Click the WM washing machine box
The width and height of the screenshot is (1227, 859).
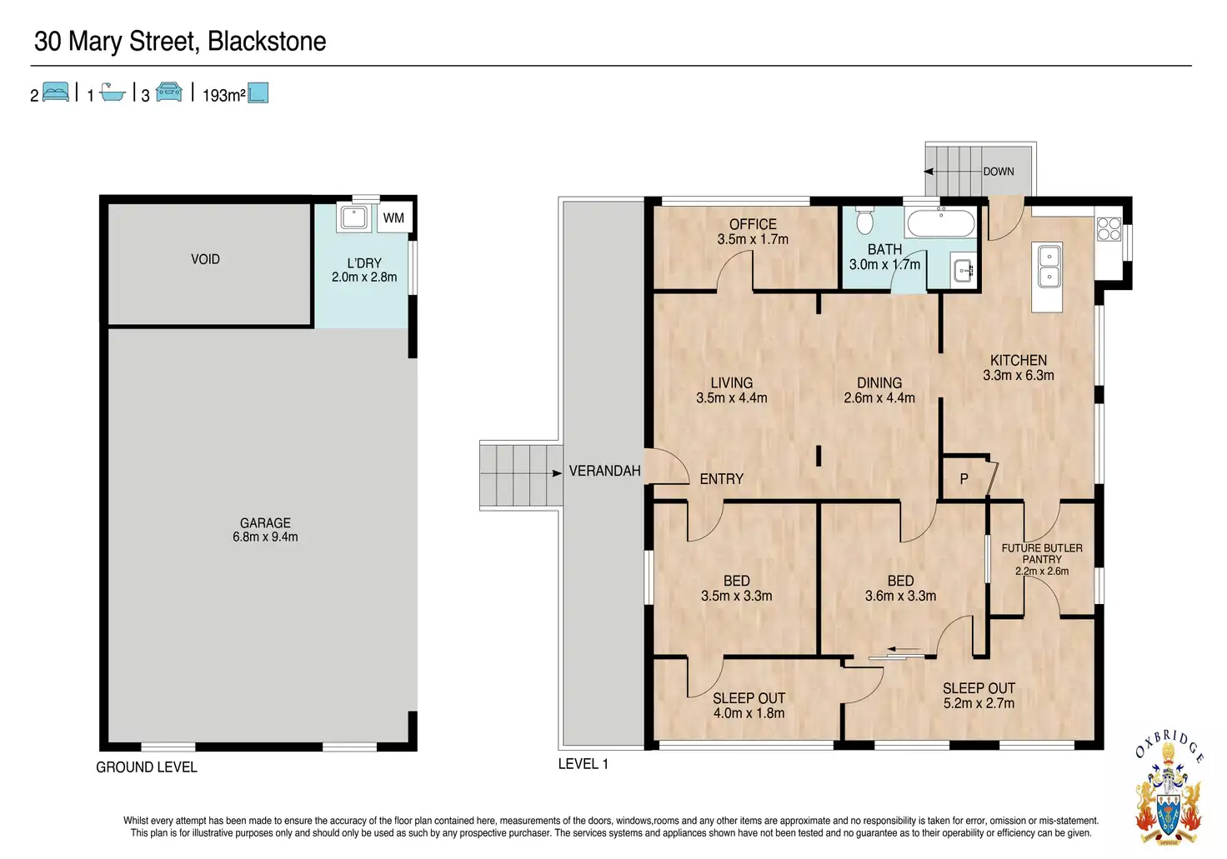coord(393,218)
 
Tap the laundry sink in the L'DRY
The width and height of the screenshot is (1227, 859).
coord(354,218)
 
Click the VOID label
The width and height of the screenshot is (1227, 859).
coord(205,259)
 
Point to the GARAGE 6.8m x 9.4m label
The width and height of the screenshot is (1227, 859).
coord(265,530)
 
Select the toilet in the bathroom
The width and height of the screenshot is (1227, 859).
coord(865,220)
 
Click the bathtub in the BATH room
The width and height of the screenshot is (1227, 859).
coord(941,222)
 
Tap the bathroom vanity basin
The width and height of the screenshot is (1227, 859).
coord(963,270)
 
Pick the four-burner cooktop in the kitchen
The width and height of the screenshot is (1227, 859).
coord(1109,229)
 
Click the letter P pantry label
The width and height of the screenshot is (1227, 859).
coord(964,479)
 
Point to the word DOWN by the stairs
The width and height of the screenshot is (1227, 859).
coord(998,172)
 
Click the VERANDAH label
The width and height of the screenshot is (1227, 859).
coord(604,471)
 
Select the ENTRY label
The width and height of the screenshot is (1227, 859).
coord(721,479)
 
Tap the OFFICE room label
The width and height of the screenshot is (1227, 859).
coord(753,224)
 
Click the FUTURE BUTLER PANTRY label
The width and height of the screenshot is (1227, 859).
coord(1042,553)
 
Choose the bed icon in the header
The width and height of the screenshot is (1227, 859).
coord(56,92)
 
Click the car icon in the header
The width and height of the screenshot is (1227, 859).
coord(169,92)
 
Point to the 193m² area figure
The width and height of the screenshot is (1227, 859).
coord(223,95)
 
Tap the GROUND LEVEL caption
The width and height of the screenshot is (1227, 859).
coord(146,767)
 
